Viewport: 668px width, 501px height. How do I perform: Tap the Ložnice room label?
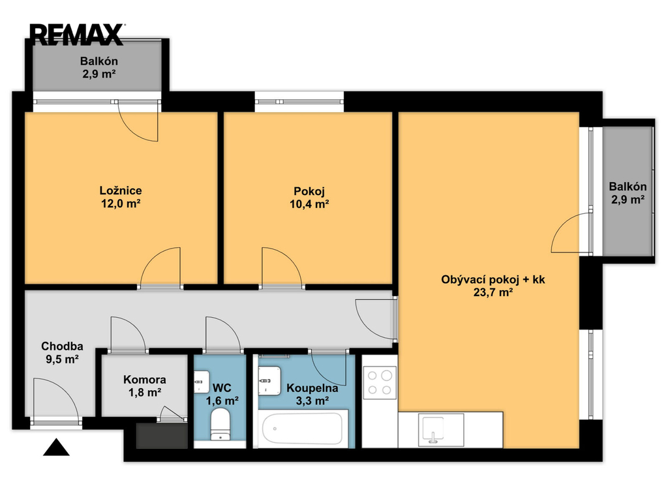coord(121,190)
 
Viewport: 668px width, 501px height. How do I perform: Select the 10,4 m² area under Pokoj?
coord(309,204)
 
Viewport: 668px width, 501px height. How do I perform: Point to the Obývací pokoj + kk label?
coord(493,279)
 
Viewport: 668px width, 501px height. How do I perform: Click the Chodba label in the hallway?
coord(62,346)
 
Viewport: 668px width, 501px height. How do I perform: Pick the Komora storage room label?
coord(145,380)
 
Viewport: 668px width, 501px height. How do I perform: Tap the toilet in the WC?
coord(220,423)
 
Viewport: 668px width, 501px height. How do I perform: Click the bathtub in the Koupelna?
coord(302,429)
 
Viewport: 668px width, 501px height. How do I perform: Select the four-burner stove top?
coord(380,382)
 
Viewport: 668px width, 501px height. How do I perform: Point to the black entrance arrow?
coord(56,448)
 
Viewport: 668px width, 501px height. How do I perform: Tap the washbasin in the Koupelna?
coord(269,380)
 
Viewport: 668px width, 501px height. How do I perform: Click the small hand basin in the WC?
coord(201,382)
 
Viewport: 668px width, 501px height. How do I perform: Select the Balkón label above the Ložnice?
coord(99,61)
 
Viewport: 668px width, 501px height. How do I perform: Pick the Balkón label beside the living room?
coord(628,187)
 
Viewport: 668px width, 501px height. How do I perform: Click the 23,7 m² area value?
coord(493,292)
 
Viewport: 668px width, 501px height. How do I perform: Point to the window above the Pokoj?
coord(299,101)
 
